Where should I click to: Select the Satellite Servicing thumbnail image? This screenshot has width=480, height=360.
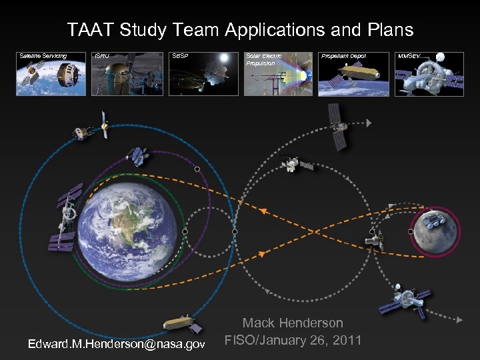point(51,74)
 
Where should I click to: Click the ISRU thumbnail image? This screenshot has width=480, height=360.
point(127,74)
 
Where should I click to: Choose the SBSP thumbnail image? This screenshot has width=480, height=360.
point(203,74)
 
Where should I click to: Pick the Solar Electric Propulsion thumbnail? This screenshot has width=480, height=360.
point(278,74)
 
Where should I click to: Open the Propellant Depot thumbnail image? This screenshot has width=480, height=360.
point(353,74)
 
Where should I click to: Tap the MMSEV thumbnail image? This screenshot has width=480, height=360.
point(429,74)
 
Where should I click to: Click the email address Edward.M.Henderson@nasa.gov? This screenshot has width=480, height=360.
point(116,343)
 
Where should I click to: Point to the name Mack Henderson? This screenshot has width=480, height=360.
point(293,323)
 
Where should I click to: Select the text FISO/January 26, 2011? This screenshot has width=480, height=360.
point(293,341)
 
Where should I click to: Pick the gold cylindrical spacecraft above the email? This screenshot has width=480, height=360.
point(183,324)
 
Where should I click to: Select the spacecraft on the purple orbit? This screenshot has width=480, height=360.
point(138,156)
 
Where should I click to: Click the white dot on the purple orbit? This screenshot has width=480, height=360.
point(197,169)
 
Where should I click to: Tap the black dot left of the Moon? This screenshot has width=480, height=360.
point(410,231)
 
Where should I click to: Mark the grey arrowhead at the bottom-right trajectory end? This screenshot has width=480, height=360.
point(459,321)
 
